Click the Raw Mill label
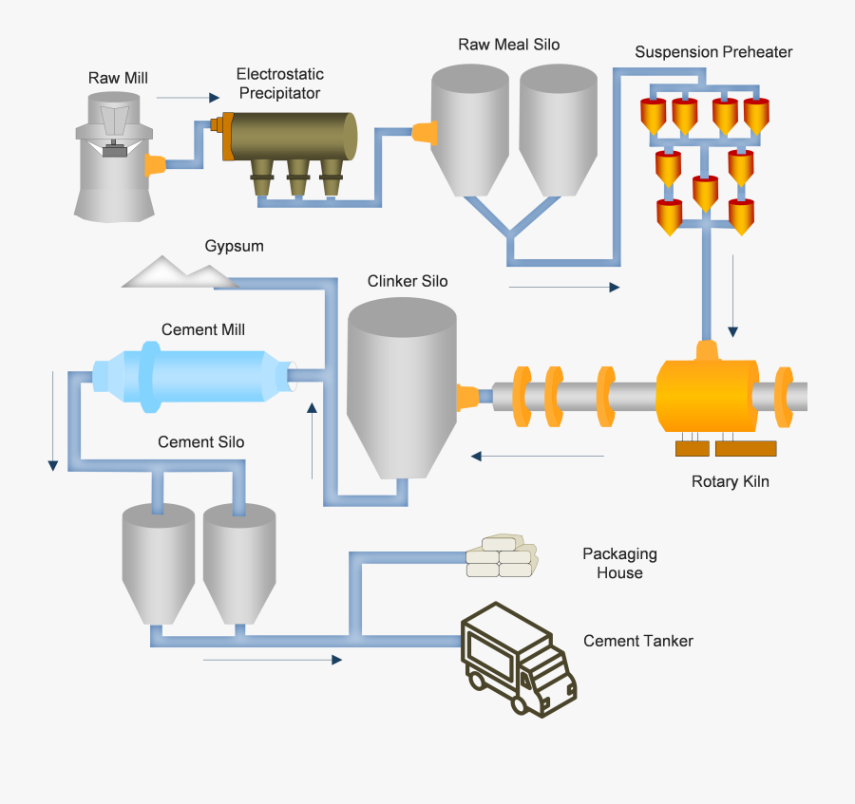coord(119,78)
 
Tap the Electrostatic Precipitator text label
coord(280,84)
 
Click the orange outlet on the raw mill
coord(154,165)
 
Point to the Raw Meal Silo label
coord(509,45)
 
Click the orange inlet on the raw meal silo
coord(425,132)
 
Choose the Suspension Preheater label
coord(713,51)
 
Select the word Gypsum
coord(235,247)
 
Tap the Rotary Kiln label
coord(731,481)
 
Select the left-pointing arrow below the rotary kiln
coord(538,457)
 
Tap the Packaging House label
coord(619,563)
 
